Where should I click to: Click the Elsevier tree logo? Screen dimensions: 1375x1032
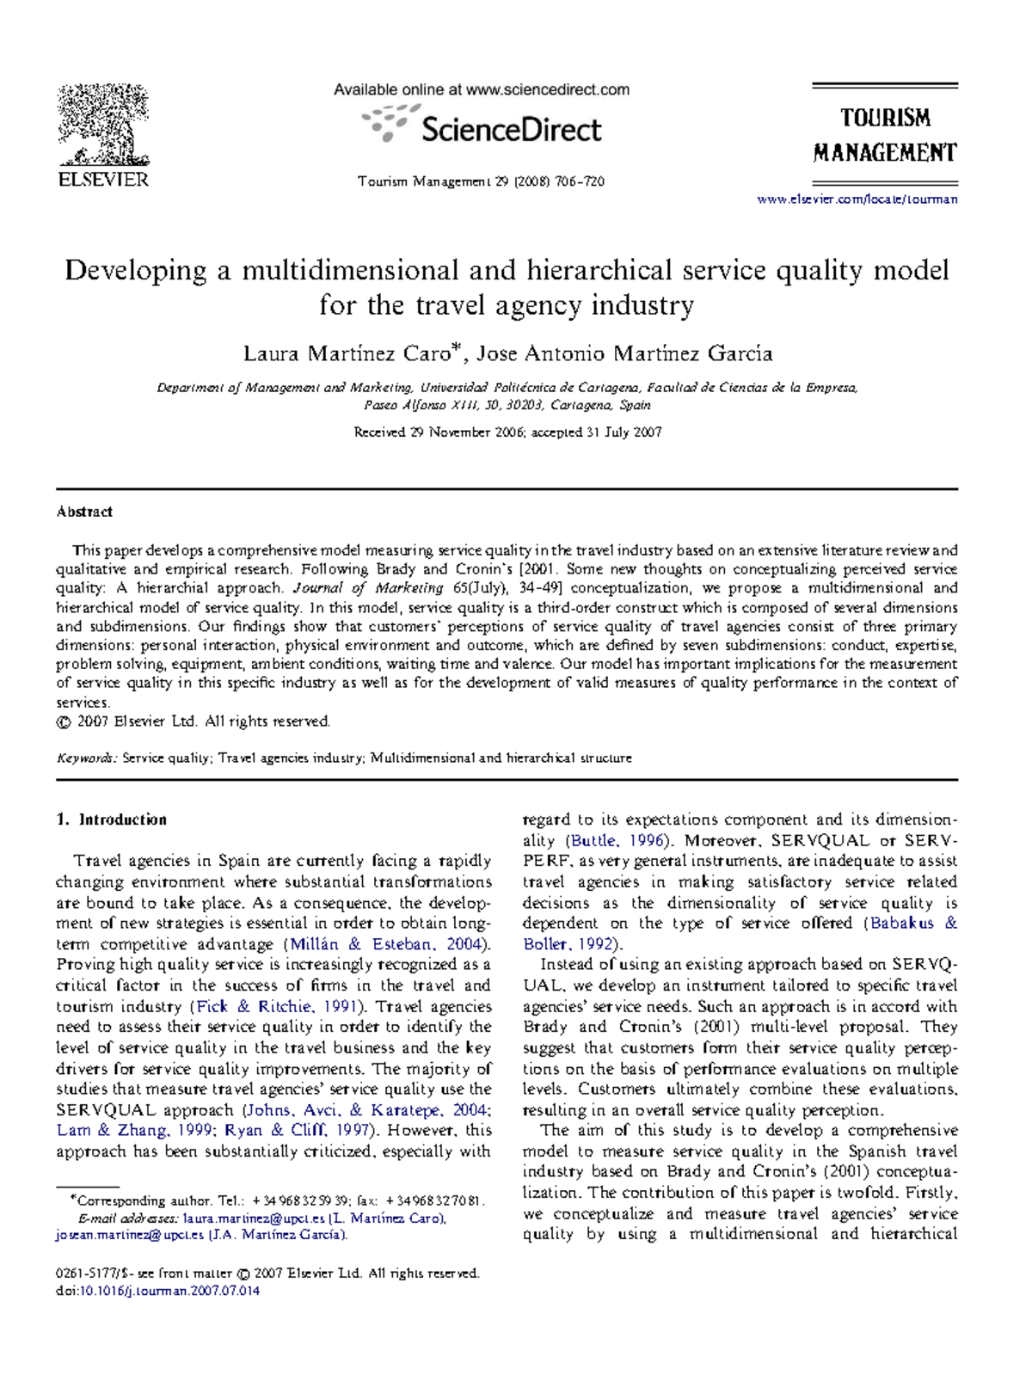(x=102, y=126)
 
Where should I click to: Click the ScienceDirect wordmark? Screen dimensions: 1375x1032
(x=511, y=130)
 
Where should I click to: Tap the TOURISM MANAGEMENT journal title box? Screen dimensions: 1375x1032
(x=885, y=135)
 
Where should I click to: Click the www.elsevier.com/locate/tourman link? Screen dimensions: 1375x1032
(x=857, y=199)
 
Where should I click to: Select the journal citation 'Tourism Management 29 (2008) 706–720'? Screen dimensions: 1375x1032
(x=481, y=181)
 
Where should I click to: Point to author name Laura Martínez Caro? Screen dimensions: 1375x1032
(x=346, y=353)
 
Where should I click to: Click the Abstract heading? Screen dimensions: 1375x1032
(x=84, y=512)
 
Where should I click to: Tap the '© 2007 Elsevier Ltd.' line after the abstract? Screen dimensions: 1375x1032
(x=193, y=721)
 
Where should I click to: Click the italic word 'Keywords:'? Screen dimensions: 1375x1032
(x=87, y=758)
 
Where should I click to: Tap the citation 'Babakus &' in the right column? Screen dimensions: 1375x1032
(x=913, y=924)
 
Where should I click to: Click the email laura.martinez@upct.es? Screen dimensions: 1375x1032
(x=254, y=1218)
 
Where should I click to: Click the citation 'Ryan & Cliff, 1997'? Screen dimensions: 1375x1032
(x=297, y=1131)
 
